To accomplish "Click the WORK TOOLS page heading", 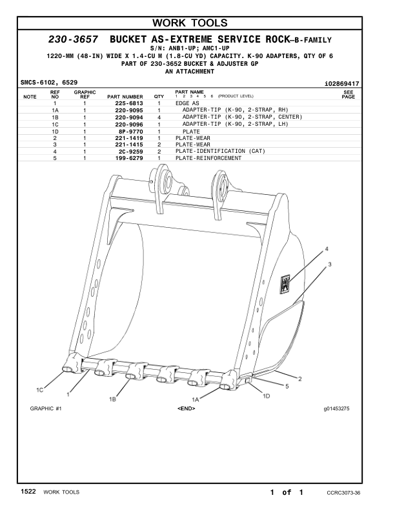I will coord(197,24).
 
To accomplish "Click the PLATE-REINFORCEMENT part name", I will coord(208,158).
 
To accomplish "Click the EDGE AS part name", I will coord(187,103).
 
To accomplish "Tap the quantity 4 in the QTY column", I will coord(159,118).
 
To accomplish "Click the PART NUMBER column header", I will coord(125,97).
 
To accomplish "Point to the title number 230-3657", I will coord(72,40).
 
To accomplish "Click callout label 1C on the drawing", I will coord(40,390).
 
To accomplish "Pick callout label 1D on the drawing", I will coord(266,396).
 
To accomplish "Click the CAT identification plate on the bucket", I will coord(285,283).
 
